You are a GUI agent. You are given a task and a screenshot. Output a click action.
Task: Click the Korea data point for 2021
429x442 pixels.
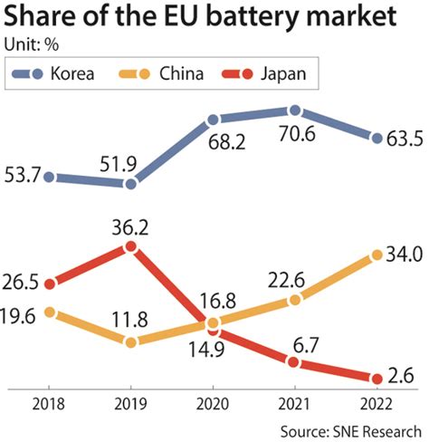pyautogui.click(x=293, y=110)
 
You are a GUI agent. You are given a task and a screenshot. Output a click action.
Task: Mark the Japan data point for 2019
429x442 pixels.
pyautogui.click(x=132, y=245)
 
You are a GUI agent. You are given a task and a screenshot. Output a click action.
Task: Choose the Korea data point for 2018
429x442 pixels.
pyautogui.click(x=51, y=177)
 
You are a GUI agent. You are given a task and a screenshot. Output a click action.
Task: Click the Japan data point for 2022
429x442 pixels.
pyautogui.click(x=375, y=379)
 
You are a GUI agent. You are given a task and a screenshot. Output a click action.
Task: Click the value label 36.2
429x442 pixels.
pyautogui.click(x=132, y=223)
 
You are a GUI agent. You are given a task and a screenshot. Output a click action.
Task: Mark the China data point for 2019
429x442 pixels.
pyautogui.click(x=132, y=342)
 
